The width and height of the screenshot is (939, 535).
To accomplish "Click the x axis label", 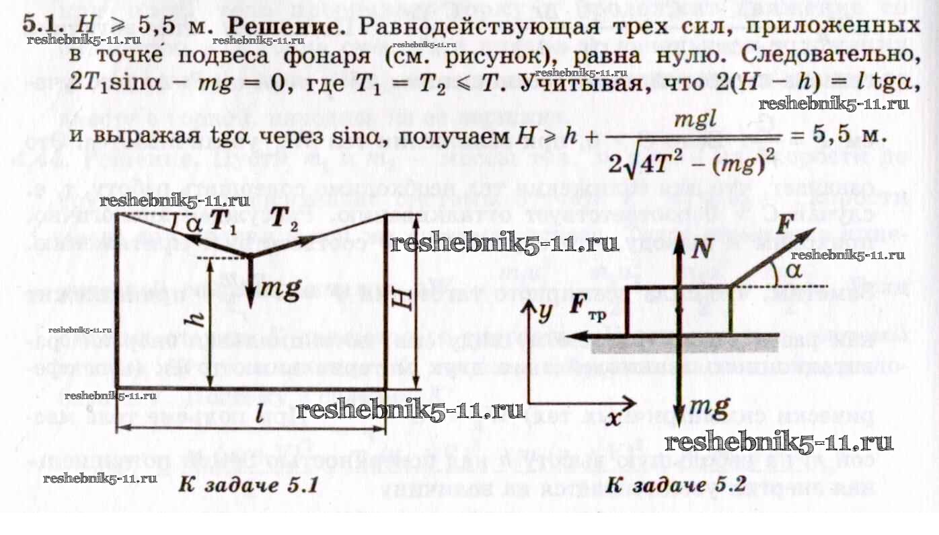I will [x=613, y=417].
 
